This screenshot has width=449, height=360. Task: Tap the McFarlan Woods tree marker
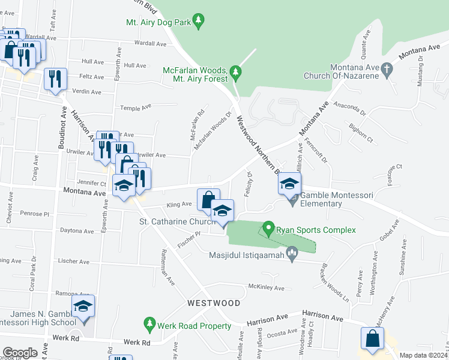236,74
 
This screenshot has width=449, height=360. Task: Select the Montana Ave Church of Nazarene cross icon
387,71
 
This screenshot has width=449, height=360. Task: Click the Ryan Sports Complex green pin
268,230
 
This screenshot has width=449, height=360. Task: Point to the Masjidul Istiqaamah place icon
292,255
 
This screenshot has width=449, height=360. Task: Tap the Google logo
20,353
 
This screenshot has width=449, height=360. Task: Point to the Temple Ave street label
135,108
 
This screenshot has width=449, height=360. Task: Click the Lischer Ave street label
74,262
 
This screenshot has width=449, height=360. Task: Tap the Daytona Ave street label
77,231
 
